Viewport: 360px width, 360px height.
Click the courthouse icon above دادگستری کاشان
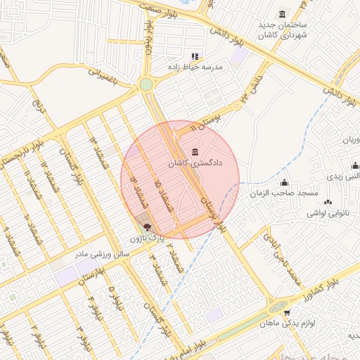tap(195, 153)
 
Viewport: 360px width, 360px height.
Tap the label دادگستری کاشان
tap(195, 163)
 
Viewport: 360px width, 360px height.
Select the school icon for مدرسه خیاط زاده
tap(195, 56)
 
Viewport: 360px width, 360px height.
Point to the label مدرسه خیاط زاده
tap(195, 67)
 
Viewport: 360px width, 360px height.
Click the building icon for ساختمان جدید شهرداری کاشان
tap(282, 15)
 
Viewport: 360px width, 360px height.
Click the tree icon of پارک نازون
tap(147, 227)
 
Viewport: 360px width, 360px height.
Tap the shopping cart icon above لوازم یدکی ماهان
tap(285, 312)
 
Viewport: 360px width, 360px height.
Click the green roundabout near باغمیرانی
tap(146, 85)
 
